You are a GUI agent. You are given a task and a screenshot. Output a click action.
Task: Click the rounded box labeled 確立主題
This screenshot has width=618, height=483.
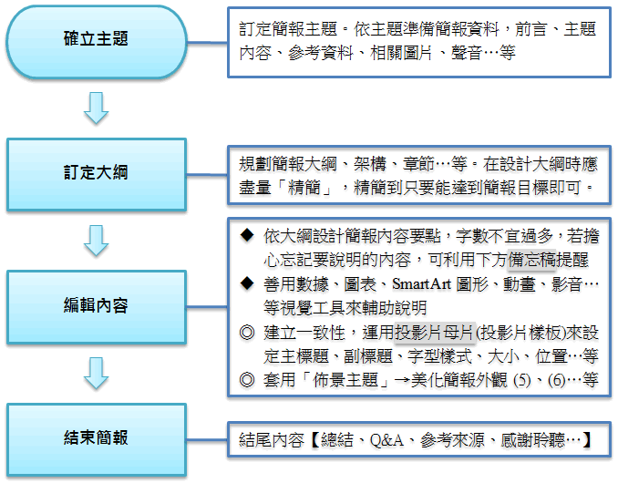(x=97, y=42)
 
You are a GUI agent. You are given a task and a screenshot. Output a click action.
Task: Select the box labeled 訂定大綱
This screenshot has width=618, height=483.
(x=97, y=175)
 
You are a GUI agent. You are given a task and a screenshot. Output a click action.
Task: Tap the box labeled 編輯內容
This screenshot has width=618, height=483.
(x=97, y=307)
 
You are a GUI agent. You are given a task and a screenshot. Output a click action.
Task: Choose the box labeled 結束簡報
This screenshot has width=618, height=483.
(x=97, y=439)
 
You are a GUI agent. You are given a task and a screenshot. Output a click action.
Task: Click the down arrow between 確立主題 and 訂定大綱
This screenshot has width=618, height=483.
(x=97, y=108)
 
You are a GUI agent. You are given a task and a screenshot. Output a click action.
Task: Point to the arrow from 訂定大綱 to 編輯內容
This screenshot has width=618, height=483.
(x=97, y=241)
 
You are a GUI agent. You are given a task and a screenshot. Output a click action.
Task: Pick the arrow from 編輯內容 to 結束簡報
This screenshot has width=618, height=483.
(x=97, y=374)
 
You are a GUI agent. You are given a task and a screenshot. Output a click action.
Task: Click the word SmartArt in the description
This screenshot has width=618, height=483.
(x=421, y=284)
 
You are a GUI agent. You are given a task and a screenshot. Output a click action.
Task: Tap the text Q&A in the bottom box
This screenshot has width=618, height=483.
(x=386, y=440)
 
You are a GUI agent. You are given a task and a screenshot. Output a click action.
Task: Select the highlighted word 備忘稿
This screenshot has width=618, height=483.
(x=532, y=260)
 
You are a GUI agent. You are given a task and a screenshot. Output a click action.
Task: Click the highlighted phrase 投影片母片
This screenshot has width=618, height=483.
(x=435, y=332)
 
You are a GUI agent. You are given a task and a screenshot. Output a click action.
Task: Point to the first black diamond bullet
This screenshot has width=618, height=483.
(x=247, y=235)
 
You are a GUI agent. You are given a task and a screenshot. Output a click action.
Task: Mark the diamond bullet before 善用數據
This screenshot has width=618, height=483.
(x=247, y=283)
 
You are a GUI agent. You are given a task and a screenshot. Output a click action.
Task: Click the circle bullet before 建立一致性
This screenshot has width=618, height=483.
(x=247, y=332)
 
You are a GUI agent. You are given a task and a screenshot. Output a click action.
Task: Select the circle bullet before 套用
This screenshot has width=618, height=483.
(x=247, y=380)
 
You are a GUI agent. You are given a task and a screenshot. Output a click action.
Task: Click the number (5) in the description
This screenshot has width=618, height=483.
(x=521, y=380)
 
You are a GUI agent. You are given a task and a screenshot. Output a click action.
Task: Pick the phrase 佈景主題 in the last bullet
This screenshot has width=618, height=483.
(x=345, y=380)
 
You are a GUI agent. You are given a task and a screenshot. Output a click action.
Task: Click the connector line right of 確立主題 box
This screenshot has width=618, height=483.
(x=207, y=42)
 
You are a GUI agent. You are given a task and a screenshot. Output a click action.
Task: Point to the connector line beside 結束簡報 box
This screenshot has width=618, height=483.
(x=207, y=439)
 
